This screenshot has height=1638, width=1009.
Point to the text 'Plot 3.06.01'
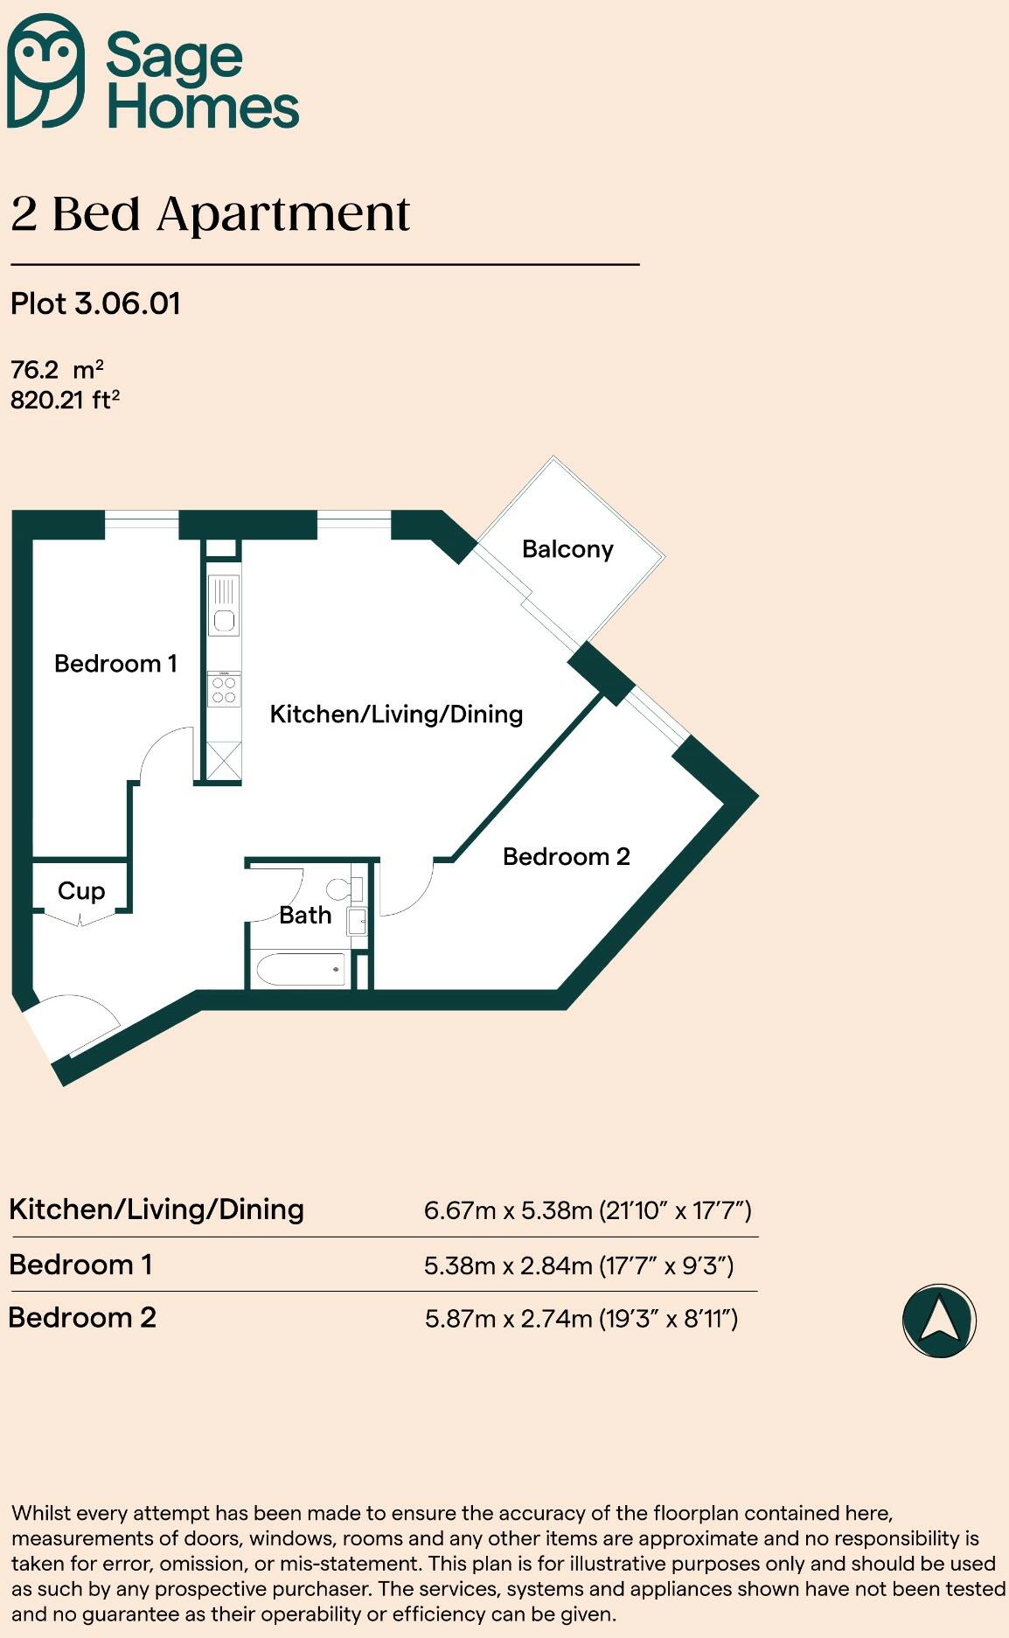coord(95,304)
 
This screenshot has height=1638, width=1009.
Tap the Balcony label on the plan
coord(567,549)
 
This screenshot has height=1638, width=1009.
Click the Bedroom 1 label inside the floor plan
coord(115,664)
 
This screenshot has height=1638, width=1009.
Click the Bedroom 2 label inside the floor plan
coord(566,856)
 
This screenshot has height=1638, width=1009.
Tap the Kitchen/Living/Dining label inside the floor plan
coord(396,714)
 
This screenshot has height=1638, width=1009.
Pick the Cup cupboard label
coord(81,891)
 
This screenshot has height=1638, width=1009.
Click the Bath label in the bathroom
coord(305,916)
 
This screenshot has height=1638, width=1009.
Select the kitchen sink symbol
coord(224,604)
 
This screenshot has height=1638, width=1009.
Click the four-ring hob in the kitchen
coord(224,689)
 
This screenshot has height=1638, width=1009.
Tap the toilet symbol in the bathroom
coord(343,889)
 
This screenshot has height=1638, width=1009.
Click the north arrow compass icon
coord(939,1321)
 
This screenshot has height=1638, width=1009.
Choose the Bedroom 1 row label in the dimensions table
coord(80,1265)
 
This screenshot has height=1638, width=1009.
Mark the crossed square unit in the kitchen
coord(224,760)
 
